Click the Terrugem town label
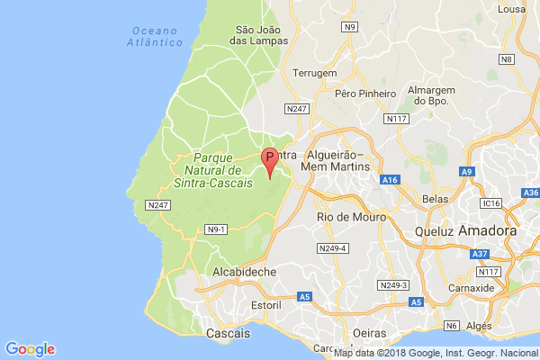coord(315,73)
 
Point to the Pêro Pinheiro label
coord(364,93)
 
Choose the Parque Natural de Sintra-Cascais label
coord(212,169)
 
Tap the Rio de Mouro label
coord(352,217)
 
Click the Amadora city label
coord(487,231)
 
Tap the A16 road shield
coord(390,181)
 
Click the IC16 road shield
coord(490,204)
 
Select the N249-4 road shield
coord(332,247)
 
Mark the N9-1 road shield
coord(216,229)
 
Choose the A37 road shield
coord(481,255)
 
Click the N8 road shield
coord(507,59)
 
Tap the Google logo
coord(30,349)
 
